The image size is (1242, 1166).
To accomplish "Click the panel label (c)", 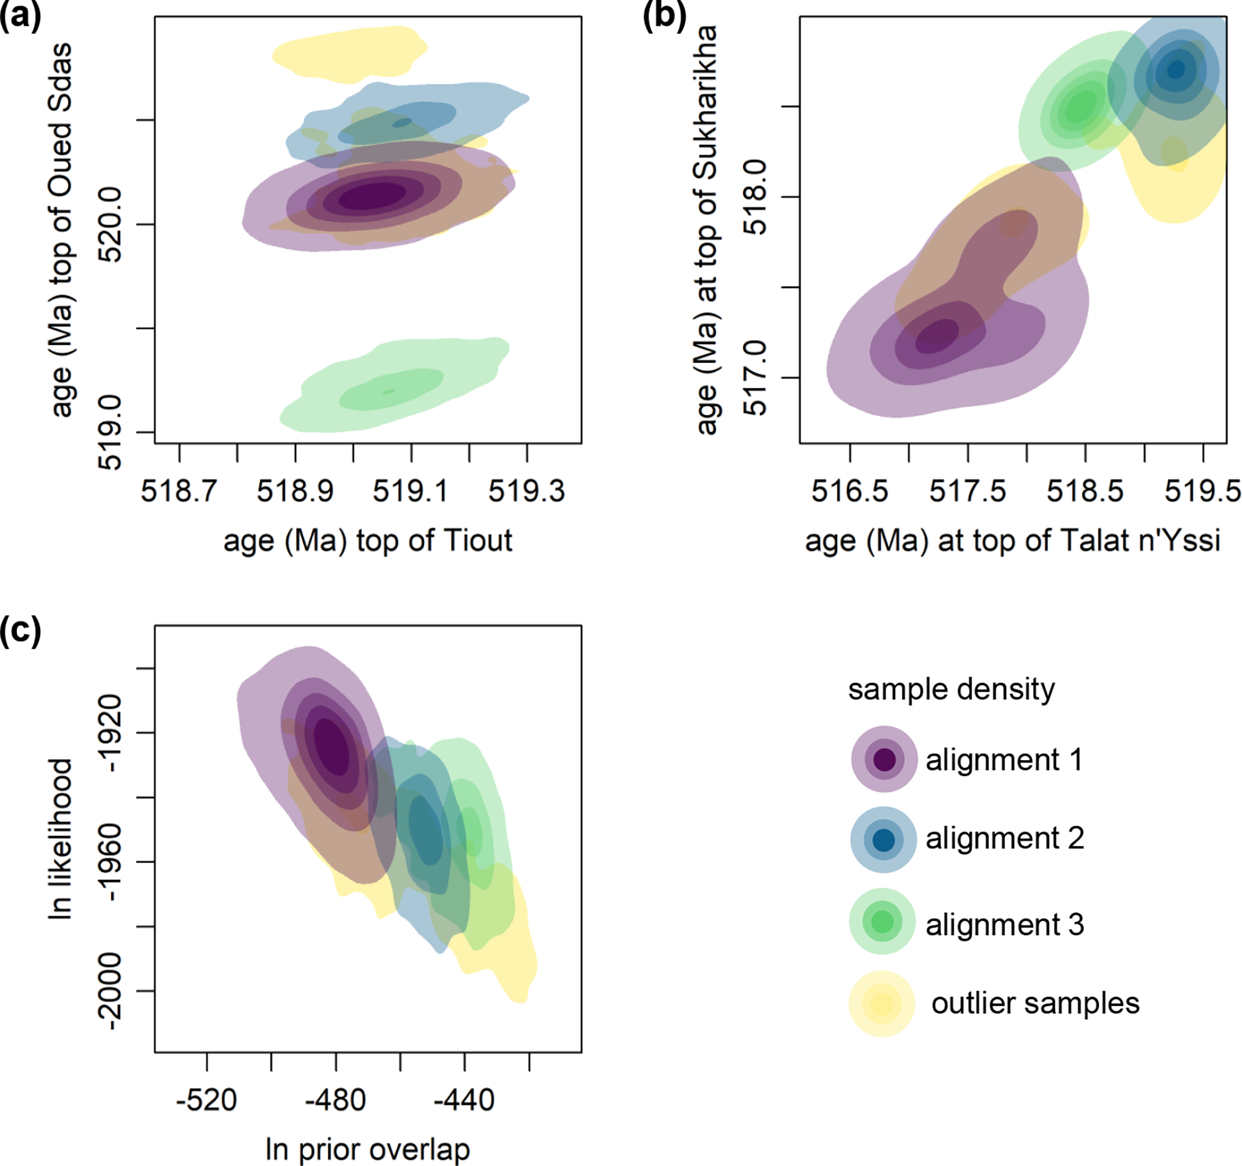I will (20, 631).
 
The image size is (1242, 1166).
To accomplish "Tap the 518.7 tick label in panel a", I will (178, 490).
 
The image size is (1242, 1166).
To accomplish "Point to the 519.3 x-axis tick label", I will (526, 490).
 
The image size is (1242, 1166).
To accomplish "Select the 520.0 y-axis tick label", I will (111, 224).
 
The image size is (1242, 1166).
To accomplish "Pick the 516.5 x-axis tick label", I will (850, 490).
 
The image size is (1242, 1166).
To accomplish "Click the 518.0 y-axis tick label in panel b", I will (756, 198).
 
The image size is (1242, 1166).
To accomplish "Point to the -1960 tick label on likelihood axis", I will (111, 862).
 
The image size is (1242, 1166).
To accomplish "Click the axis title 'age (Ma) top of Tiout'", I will (368, 540).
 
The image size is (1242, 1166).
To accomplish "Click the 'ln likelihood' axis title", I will (61, 839).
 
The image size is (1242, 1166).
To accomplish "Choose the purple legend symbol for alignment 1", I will (884, 759).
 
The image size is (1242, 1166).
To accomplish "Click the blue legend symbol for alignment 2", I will (883, 840).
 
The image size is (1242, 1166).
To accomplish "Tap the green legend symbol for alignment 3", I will (882, 921).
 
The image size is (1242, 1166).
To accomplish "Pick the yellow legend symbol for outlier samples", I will (881, 1004).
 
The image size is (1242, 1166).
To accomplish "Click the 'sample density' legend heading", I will (951, 689).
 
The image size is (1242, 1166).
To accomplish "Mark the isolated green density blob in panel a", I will (394, 388).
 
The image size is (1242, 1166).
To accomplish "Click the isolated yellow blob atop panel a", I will (350, 53).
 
